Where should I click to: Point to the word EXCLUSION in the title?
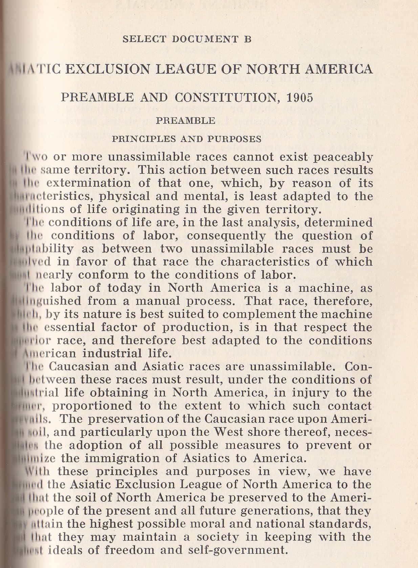(118, 69)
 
